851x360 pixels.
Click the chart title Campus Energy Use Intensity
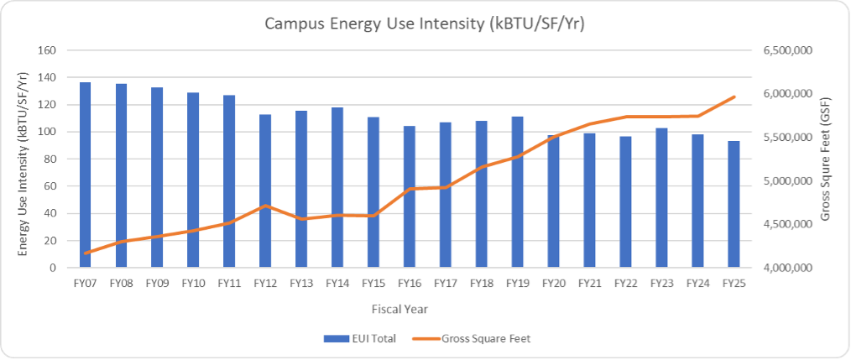coord(425,23)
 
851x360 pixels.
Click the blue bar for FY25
coord(734,204)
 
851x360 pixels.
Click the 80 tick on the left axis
coord(48,159)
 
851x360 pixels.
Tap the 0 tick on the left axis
coord(51,268)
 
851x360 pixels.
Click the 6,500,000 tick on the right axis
coord(786,50)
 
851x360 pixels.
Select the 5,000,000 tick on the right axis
coord(786,181)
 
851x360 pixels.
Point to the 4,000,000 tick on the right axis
coord(786,268)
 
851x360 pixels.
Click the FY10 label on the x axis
coord(193,284)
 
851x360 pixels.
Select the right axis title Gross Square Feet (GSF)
coord(826,159)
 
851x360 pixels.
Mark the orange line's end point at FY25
coord(734,97)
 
